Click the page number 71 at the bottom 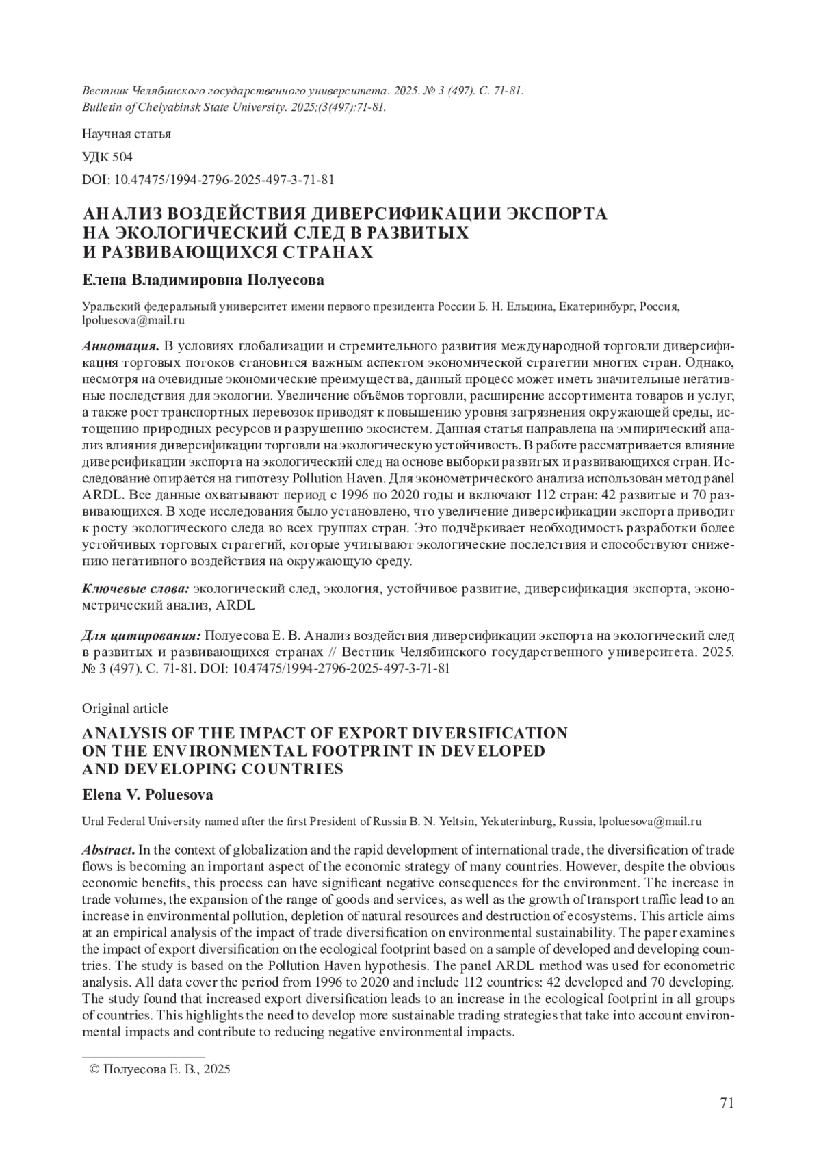727,1103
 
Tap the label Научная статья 126,133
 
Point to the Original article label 125,707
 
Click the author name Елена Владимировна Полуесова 203,281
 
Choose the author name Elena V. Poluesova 147,795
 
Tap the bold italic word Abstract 108,850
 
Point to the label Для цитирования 141,635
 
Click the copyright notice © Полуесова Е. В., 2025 155,1069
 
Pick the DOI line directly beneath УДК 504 208,180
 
